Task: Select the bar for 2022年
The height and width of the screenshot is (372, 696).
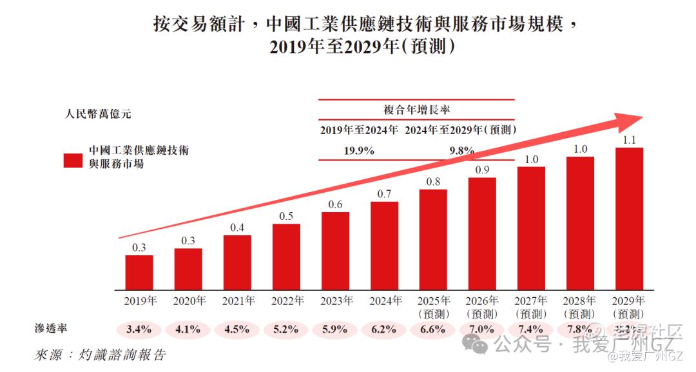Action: [x=286, y=256]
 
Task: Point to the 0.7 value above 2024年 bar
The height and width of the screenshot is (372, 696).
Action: [x=384, y=193]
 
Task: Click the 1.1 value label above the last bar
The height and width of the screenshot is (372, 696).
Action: [x=629, y=139]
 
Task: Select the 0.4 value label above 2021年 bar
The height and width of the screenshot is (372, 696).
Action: [x=237, y=227]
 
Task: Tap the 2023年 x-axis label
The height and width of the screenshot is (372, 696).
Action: [x=336, y=300]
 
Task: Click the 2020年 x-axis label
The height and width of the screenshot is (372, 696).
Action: [x=189, y=300]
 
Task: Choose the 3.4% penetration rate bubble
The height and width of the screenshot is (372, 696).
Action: [x=139, y=329]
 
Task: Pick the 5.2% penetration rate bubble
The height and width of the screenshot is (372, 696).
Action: [x=286, y=329]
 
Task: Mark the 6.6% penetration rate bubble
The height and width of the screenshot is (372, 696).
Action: [x=433, y=329]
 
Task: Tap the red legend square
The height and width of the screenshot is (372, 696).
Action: [x=73, y=161]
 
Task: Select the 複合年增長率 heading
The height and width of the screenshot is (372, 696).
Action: [x=417, y=110]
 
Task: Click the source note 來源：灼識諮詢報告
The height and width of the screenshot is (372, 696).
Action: [x=100, y=354]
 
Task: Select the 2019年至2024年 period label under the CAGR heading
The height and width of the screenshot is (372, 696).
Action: [x=359, y=130]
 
